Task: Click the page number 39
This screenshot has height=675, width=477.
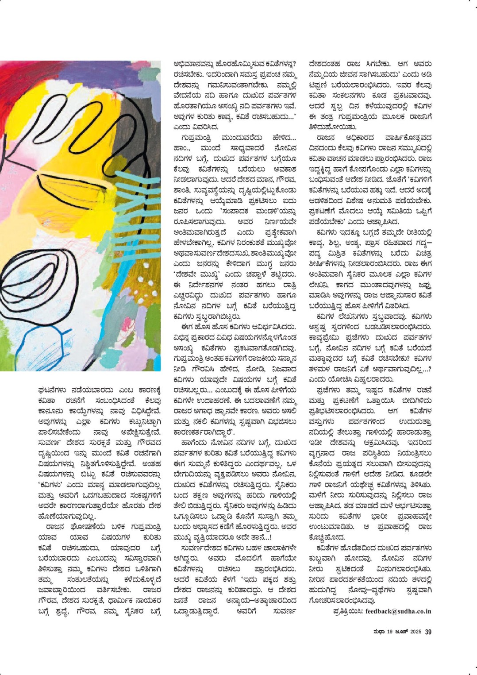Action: click(428, 632)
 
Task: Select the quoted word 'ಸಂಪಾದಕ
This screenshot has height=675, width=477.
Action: click(238, 211)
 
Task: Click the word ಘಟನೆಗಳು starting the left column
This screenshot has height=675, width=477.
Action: click(52, 390)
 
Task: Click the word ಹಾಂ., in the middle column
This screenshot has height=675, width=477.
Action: click(182, 148)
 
